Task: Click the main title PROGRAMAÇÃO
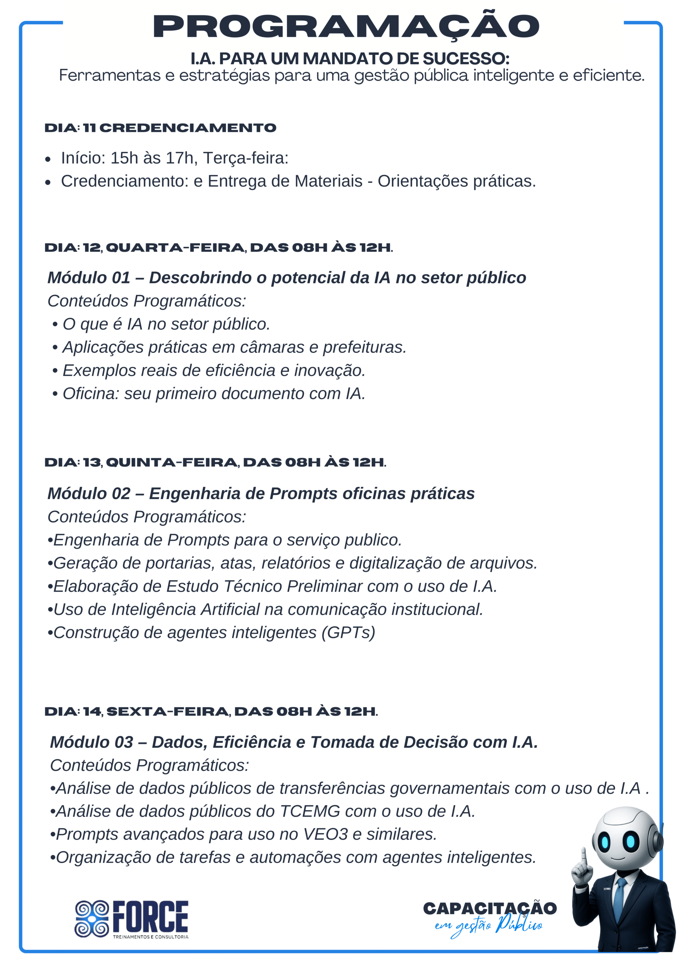[x=346, y=27]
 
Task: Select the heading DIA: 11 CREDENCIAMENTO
[x=160, y=128]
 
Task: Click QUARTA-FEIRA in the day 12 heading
[x=175, y=248]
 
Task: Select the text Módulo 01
[x=88, y=278]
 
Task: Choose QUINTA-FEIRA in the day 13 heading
[x=172, y=462]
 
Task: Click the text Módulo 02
[x=88, y=493]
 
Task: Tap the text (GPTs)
[x=348, y=632]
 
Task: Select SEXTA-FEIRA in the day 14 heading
[x=168, y=711]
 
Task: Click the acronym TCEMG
[x=310, y=811]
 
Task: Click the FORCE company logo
[x=132, y=919]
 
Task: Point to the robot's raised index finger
[x=583, y=856]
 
